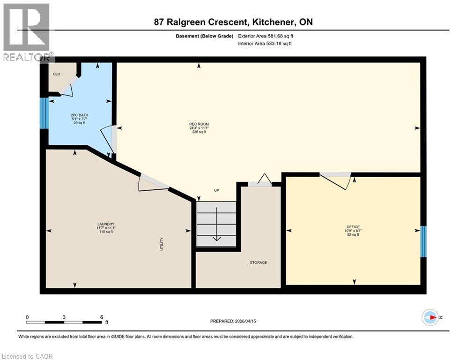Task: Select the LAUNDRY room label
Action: click(x=106, y=224)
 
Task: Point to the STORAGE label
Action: click(x=258, y=262)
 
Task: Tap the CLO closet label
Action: click(x=56, y=74)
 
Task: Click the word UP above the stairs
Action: click(x=216, y=190)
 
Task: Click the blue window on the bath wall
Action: click(x=44, y=113)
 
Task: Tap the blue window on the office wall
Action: click(x=423, y=241)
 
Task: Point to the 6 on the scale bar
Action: click(x=101, y=317)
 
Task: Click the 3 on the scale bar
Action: click(x=64, y=317)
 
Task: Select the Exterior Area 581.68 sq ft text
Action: click(x=268, y=36)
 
